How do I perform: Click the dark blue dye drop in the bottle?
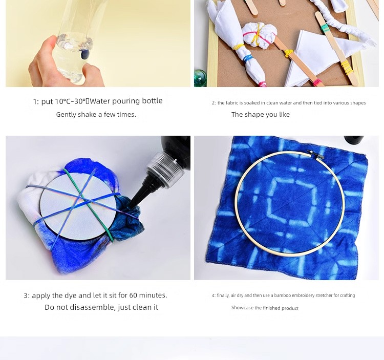pos(84,54)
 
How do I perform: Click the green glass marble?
pos(200,78)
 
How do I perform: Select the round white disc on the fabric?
pos(78,206)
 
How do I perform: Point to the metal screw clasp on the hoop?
pos(316,154)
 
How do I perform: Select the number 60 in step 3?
pos(133,295)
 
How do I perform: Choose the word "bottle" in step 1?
pos(153,101)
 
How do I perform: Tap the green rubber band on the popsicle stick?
pos(325,28)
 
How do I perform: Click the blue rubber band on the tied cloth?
pos(248,58)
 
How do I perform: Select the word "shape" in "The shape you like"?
pos(253,115)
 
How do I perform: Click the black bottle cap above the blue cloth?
pos(354,140)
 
